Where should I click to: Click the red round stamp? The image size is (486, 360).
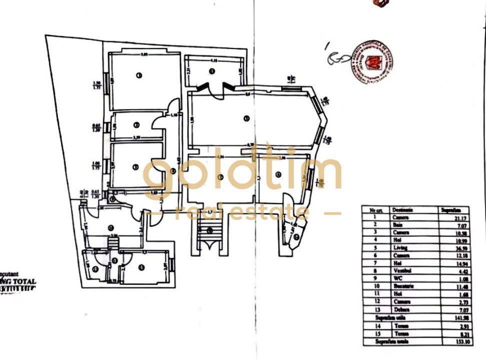(x=372, y=62)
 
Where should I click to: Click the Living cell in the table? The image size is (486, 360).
(x=400, y=247)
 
